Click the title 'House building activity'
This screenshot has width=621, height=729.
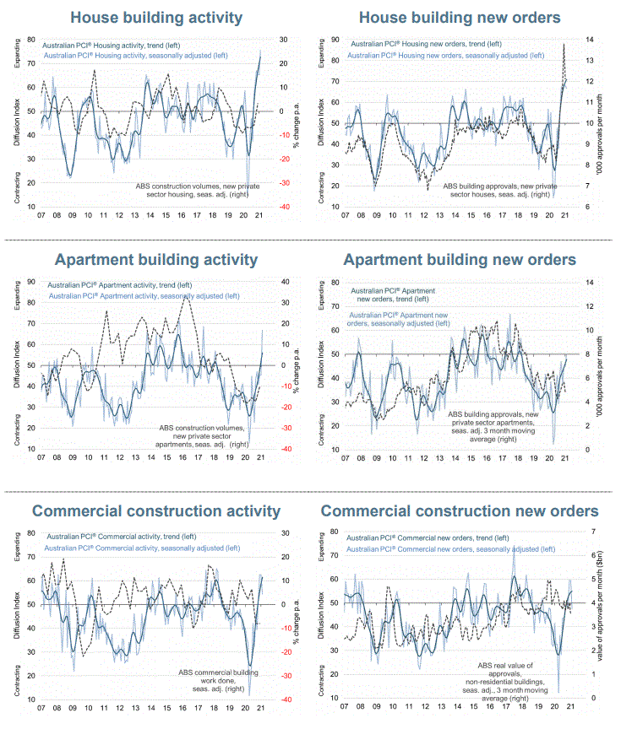[156, 17]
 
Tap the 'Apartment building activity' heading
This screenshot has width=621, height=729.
[156, 259]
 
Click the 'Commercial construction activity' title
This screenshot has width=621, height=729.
[156, 510]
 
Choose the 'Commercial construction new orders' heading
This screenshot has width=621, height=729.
[460, 510]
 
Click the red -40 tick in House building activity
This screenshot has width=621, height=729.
[286, 207]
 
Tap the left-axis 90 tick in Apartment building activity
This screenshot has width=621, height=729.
[31, 282]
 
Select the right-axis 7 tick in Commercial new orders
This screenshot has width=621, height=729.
[582, 532]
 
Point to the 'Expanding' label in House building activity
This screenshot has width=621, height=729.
[18, 55]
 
